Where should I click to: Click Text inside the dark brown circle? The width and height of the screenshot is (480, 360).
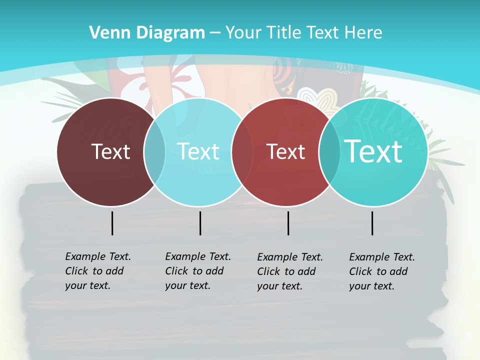(110, 151)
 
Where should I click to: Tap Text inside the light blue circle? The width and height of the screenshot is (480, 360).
(198, 151)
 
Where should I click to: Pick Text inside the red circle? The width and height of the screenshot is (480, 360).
(285, 151)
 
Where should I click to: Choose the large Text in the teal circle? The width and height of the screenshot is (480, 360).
(373, 151)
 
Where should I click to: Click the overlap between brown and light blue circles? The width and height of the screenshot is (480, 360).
(154, 151)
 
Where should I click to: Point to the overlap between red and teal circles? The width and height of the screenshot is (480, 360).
(329, 151)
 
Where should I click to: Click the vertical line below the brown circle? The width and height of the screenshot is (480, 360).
(112, 223)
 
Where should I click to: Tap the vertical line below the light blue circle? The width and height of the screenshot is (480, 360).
(200, 223)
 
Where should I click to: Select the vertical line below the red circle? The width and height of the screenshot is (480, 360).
(288, 223)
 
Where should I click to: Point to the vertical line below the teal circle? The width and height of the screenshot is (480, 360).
(372, 223)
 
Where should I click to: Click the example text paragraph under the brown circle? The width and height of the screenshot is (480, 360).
(97, 271)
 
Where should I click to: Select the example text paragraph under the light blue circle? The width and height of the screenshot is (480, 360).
(197, 271)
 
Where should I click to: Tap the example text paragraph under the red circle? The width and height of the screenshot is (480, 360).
(289, 271)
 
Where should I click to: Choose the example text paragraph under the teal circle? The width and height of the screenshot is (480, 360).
(381, 271)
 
